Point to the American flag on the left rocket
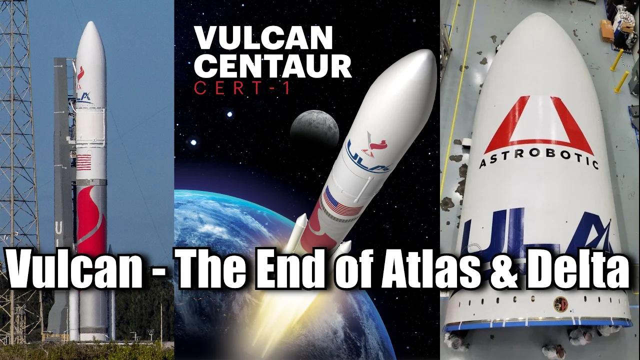point(83,162)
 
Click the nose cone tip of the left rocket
point(90,24)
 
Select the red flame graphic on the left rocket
point(91,215)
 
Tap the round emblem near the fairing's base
point(560,303)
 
